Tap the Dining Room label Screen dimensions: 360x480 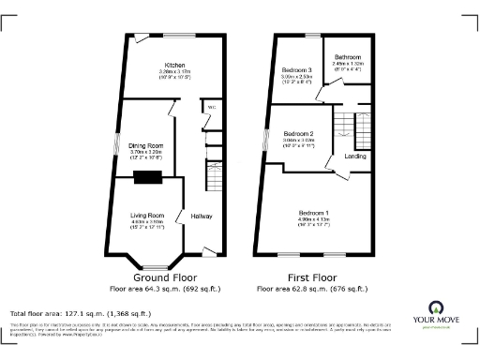(146, 145)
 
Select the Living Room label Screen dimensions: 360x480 (147, 216)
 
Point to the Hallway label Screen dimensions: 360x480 (202, 217)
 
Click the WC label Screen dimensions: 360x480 (213, 107)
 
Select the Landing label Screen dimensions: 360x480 (355, 156)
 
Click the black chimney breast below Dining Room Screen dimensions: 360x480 (146, 177)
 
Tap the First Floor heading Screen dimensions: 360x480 (312, 278)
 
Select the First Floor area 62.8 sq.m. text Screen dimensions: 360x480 (312, 290)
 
